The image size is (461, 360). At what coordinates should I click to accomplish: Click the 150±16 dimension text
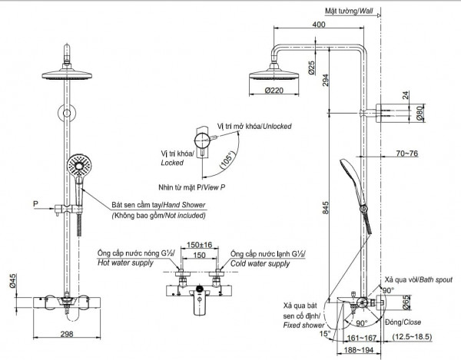(x=199, y=244)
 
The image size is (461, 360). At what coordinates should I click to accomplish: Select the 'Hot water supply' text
(x=126, y=263)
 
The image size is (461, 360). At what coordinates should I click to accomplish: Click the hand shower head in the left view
(x=78, y=165)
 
